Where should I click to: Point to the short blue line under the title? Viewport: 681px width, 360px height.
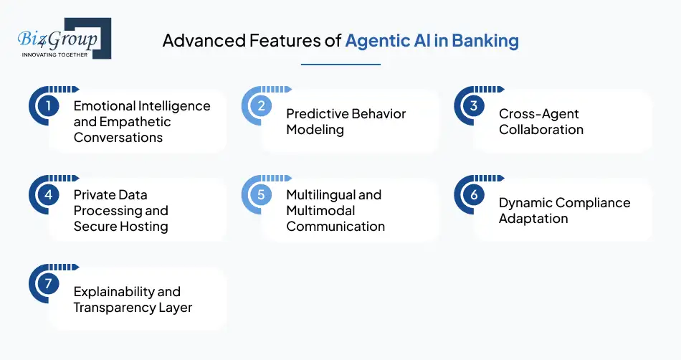[340, 65]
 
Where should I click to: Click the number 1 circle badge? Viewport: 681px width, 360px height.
[48, 106]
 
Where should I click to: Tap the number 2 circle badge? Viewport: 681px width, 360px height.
[261, 106]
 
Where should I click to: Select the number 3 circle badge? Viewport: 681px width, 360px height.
[474, 106]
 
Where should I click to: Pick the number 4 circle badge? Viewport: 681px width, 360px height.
[48, 195]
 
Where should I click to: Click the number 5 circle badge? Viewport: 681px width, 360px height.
[261, 195]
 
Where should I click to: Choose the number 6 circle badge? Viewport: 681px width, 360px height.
[474, 195]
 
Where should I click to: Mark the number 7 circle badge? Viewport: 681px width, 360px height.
[48, 284]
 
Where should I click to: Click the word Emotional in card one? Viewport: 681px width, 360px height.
[105, 106]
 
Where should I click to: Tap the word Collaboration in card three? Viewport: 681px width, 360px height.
[541, 130]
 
